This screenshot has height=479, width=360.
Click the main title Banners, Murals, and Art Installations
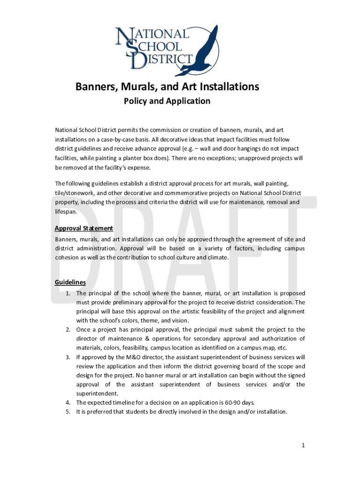pyautogui.click(x=167, y=87)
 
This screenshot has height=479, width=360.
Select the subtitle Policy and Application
pyautogui.click(x=167, y=101)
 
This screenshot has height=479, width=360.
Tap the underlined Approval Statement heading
pyautogui.click(x=84, y=228)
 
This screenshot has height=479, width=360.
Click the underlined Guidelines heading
pyautogui.click(x=70, y=283)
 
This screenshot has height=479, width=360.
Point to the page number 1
pyautogui.click(x=303, y=445)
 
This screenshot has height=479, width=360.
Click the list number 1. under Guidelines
pyautogui.click(x=68, y=293)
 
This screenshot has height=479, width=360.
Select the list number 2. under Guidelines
pyautogui.click(x=68, y=330)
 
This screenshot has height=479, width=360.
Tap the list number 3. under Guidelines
pyautogui.click(x=68, y=357)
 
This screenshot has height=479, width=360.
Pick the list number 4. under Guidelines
pyautogui.click(x=68, y=403)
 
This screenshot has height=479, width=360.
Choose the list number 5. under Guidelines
pyautogui.click(x=68, y=412)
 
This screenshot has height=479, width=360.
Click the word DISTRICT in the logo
pyautogui.click(x=164, y=59)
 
